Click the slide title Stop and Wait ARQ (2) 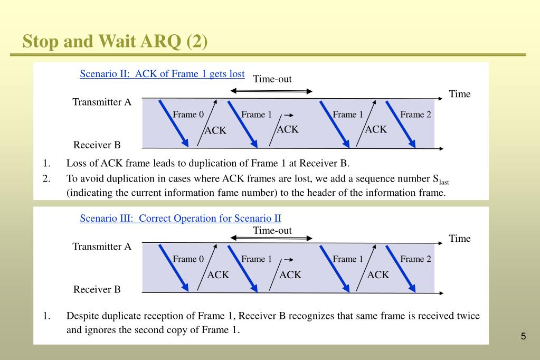(x=115, y=41)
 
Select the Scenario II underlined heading (x=162, y=74)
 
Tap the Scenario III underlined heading (x=181, y=218)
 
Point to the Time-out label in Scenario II (x=272, y=79)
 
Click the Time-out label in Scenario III (x=272, y=231)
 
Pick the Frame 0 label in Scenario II (x=188, y=115)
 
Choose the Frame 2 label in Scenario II (x=415, y=115)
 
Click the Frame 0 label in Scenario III (x=188, y=259)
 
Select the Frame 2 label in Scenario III (x=415, y=259)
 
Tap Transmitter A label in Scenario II (x=102, y=102)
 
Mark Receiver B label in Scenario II (x=97, y=145)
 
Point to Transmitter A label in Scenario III (x=102, y=247)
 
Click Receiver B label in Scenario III (x=97, y=289)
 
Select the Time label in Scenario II (x=460, y=94)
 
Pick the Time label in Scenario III (x=460, y=239)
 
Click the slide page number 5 (x=523, y=336)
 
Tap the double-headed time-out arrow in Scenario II (x=272, y=91)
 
